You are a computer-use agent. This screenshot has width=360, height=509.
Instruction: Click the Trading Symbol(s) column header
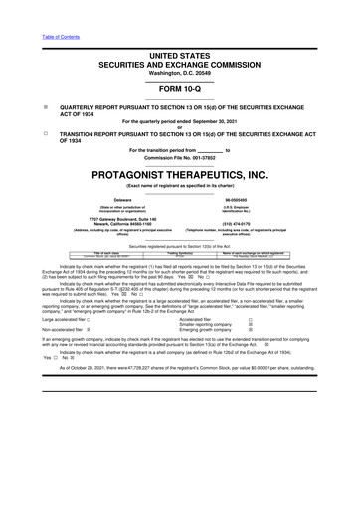pos(179,253)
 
